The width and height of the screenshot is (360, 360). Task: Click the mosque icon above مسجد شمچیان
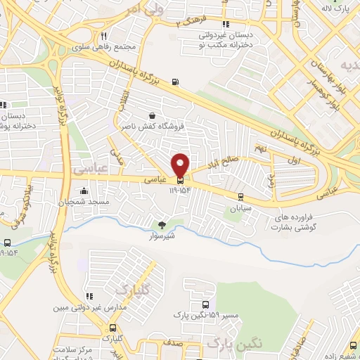coord(84,191)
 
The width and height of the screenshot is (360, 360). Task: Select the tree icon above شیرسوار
coord(163,225)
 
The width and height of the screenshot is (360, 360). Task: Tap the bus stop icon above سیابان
coord(240,196)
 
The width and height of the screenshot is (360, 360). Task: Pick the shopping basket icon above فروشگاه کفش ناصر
coord(153,115)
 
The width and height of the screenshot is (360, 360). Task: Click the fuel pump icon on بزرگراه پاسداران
coord(175,82)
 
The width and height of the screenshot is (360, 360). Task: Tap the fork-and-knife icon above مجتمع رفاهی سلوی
coord(103,37)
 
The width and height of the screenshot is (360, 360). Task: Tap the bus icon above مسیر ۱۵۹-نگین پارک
coord(205,305)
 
